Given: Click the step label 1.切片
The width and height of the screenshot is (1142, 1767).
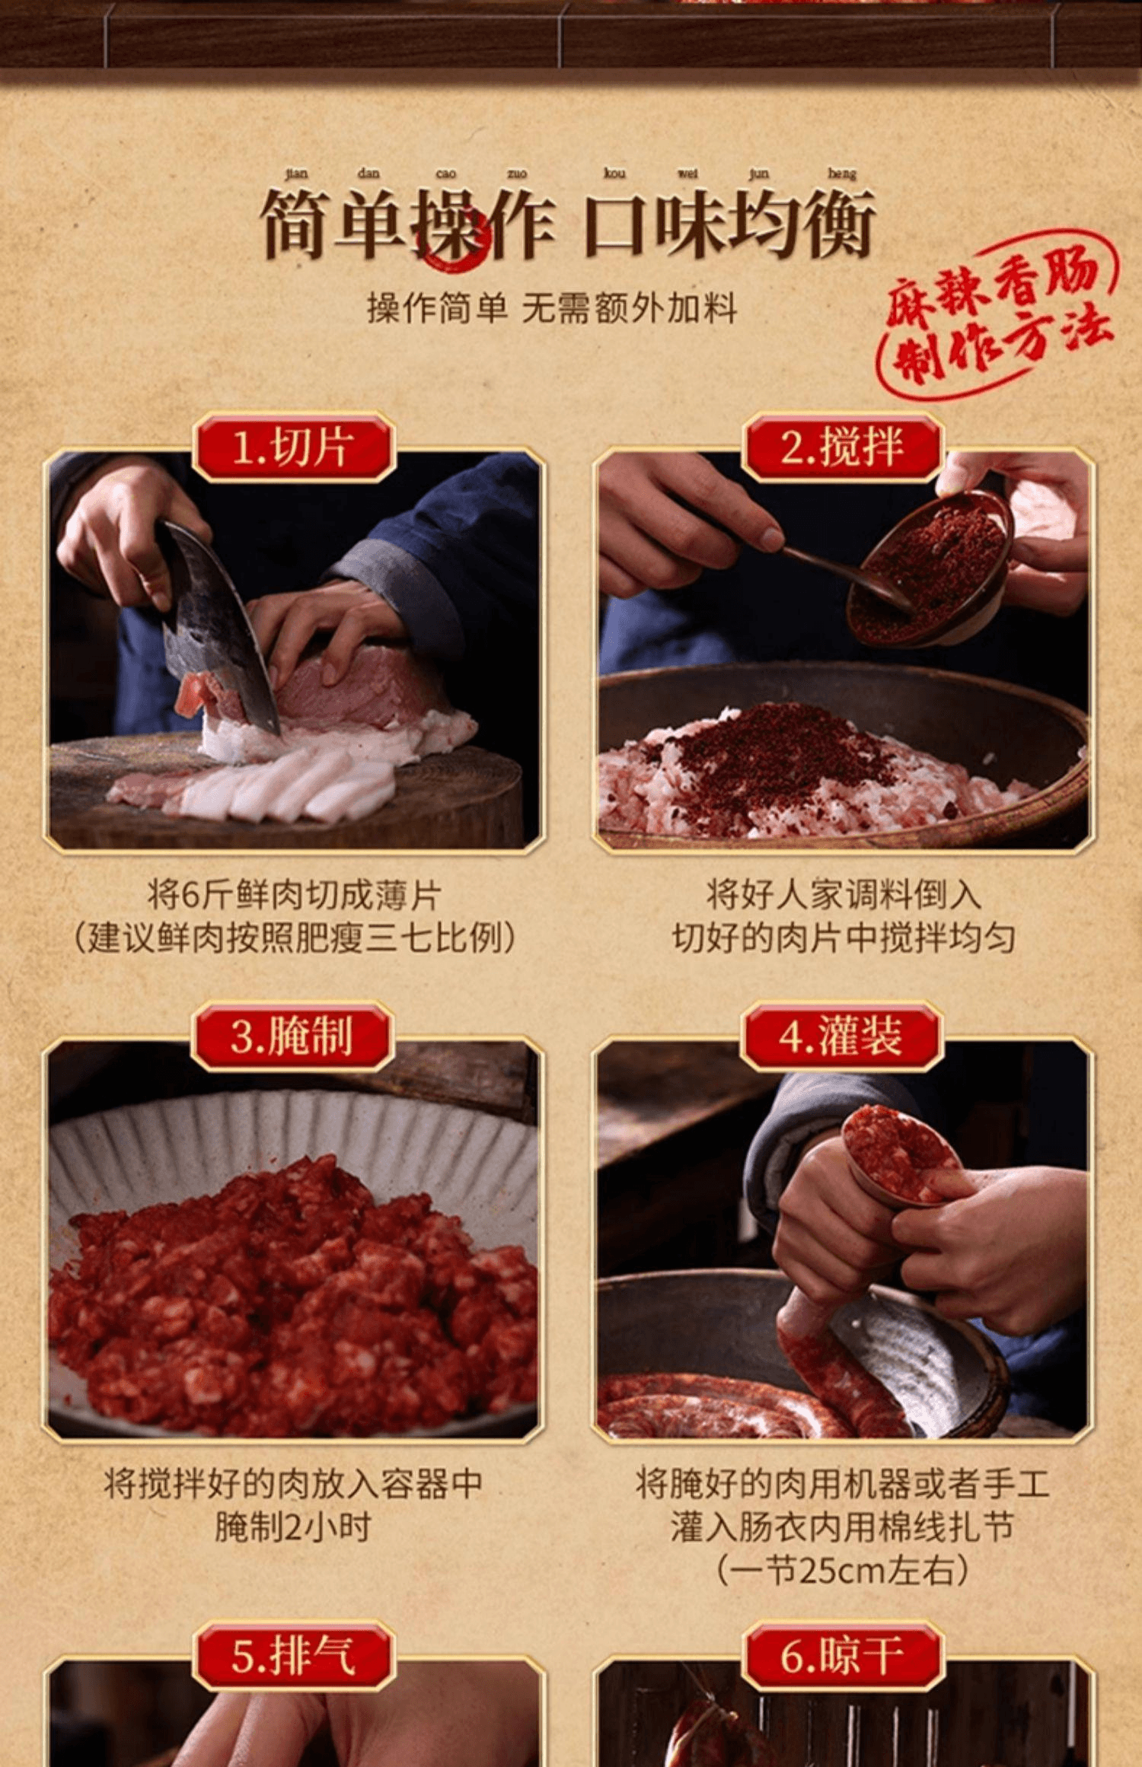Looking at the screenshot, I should point(294,447).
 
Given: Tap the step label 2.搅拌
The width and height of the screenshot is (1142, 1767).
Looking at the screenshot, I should point(842,447).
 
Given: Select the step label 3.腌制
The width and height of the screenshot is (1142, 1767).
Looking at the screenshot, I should point(292,1036).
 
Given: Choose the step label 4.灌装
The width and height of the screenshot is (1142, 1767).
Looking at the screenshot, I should point(842,1036).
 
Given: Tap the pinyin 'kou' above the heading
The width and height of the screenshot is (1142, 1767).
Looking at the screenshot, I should point(614,174).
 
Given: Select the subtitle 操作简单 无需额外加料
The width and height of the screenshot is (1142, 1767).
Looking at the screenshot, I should point(552,308).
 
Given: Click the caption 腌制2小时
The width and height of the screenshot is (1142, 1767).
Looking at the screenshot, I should point(292,1527).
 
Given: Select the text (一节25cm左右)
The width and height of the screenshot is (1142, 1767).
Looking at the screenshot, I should point(842,1569).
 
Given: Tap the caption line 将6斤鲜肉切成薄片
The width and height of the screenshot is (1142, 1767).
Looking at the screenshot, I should point(294,895).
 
